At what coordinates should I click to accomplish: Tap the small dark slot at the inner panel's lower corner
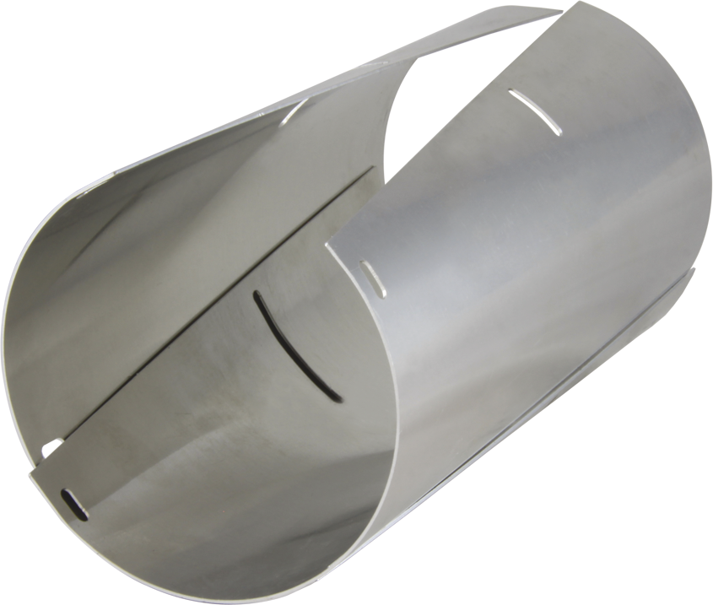point(74,504)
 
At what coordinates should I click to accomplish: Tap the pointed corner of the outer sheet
point(328,246)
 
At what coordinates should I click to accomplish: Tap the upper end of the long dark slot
point(257,295)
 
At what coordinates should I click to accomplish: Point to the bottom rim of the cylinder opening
point(253,582)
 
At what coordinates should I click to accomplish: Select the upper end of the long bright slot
point(512,92)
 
